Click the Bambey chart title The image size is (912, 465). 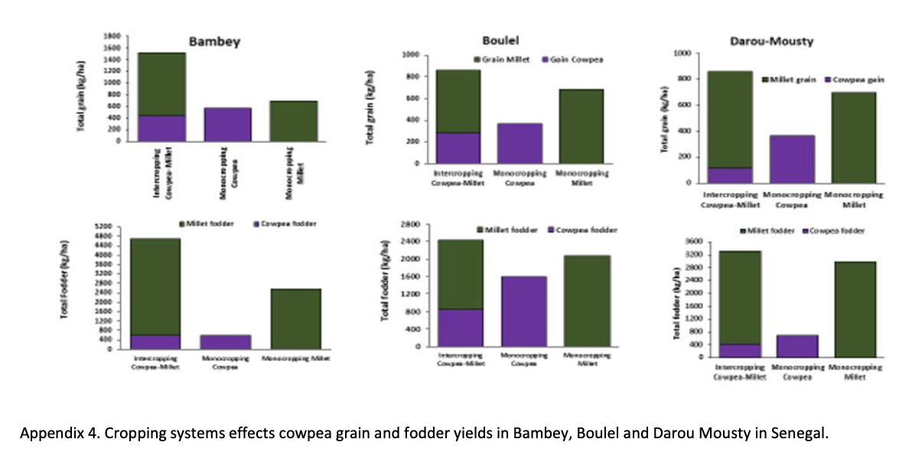214,41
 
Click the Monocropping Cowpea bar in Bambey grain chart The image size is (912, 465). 227,125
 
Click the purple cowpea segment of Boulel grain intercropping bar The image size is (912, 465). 458,148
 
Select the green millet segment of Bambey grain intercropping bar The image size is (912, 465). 161,84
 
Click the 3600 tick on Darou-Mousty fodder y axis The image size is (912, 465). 695,241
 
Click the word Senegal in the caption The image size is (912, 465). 804,434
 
